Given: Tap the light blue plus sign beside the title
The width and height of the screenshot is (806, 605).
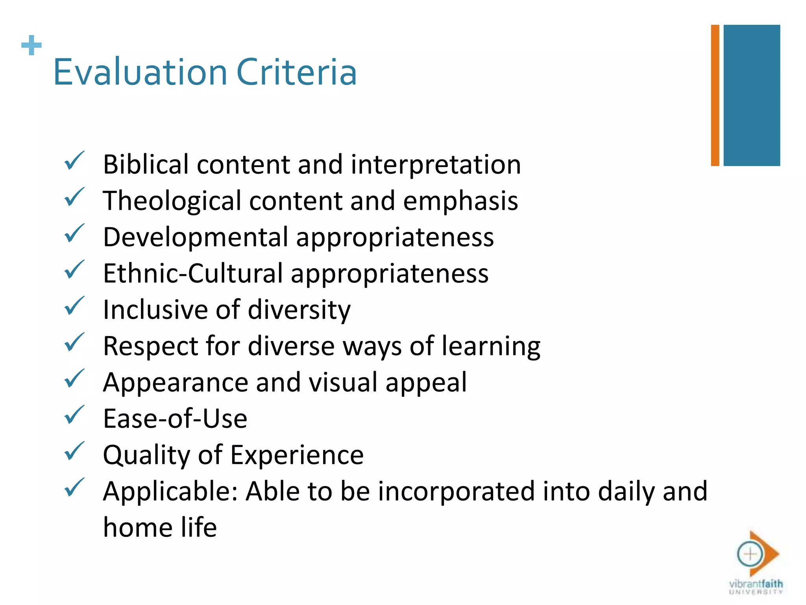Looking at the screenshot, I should pos(31,45).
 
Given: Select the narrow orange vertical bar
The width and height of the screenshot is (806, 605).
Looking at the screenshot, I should pos(715,95).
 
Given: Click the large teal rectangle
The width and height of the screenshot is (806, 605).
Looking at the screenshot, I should pos(752,95).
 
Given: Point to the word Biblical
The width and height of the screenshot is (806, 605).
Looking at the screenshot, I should pos(146,164).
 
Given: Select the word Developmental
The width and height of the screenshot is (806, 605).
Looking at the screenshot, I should pos(196,237).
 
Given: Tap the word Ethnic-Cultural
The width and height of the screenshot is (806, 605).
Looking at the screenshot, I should pos(193,273).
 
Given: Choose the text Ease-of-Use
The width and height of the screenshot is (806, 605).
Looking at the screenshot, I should pos(175,419).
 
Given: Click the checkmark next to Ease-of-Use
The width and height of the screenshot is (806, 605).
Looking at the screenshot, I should pos(74,415).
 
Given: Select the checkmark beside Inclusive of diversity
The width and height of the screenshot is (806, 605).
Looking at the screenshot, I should pos(74,306).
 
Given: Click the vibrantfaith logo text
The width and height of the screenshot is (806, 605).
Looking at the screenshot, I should pos(756,584).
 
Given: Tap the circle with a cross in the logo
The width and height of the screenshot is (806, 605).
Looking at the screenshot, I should pos(750,554).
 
